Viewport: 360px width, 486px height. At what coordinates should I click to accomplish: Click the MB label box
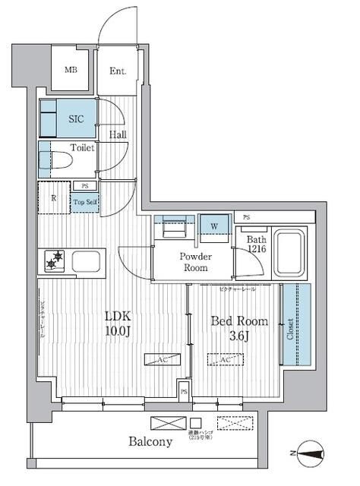click(71, 71)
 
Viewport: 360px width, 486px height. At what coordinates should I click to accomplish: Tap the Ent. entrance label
click(117, 71)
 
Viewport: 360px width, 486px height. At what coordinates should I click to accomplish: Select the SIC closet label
click(76, 119)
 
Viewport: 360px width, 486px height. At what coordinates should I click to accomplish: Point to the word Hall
click(117, 134)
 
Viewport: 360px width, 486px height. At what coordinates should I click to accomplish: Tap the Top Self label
click(84, 202)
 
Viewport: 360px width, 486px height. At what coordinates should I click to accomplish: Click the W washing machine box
click(214, 226)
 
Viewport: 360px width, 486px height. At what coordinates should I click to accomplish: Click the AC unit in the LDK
click(163, 360)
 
